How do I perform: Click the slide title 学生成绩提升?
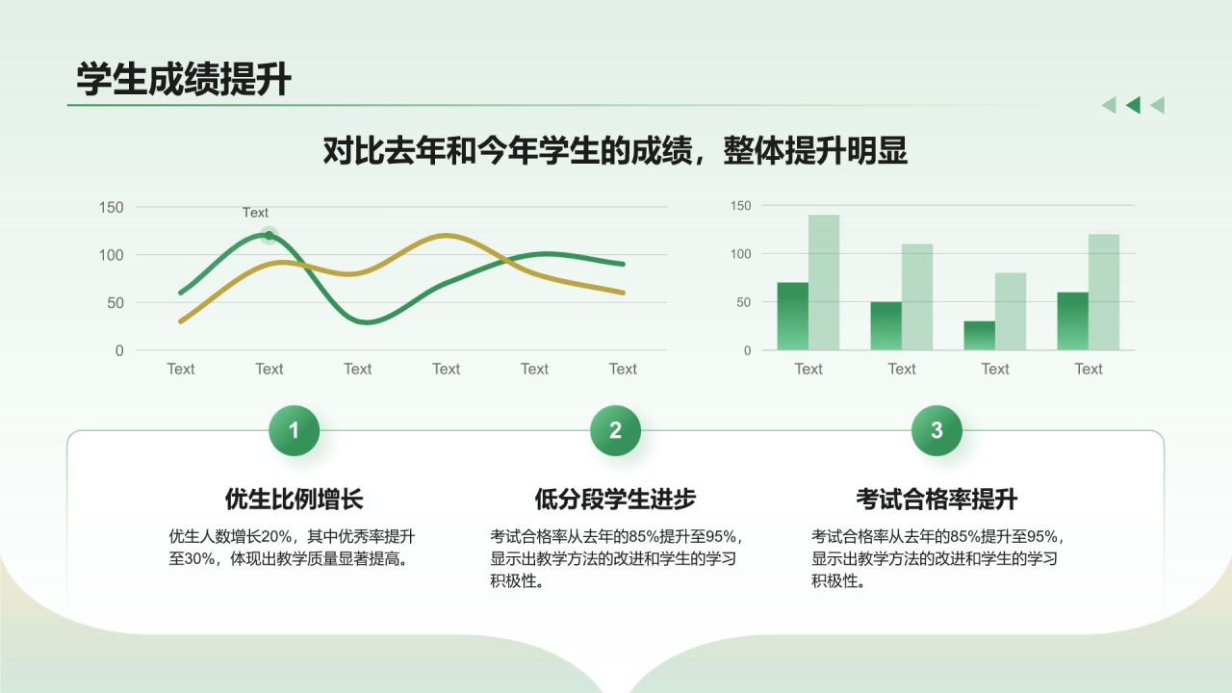coord(184,80)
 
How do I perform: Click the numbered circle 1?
coord(294,430)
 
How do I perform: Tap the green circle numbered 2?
coord(615,430)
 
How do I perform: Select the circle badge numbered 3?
coord(937,430)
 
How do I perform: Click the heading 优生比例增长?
coord(294,499)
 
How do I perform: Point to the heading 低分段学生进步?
coord(615,499)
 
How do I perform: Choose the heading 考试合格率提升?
coord(937,499)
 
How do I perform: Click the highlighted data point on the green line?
coord(269,235)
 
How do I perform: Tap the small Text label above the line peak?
coord(255,213)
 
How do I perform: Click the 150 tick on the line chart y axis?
coord(112,207)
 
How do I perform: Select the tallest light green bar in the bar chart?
coord(824,282)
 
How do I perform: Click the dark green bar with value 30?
coord(979,335)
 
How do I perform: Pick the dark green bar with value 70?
coord(792,316)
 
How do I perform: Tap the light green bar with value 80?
coord(1011,311)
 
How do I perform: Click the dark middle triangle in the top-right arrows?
coord(1133,105)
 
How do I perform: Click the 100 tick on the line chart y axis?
coord(112,255)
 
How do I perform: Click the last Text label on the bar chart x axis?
coord(1089,369)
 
